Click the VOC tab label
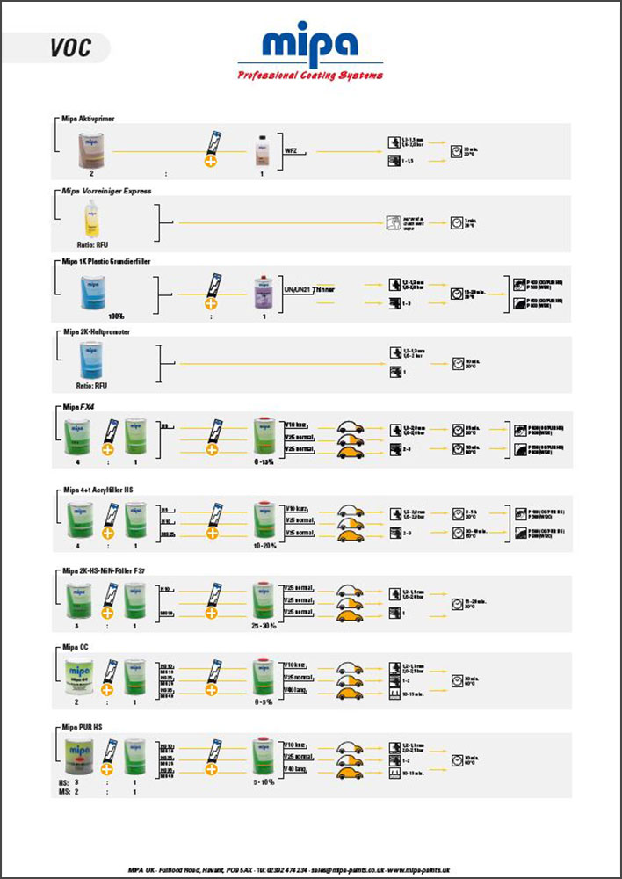[x=70, y=47]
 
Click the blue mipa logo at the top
[x=310, y=45]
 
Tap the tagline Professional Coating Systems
[x=310, y=76]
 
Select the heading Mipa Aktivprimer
[x=88, y=117]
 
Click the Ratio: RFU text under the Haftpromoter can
[x=91, y=384]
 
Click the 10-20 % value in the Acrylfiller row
[x=265, y=544]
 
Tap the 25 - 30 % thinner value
[x=265, y=626]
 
